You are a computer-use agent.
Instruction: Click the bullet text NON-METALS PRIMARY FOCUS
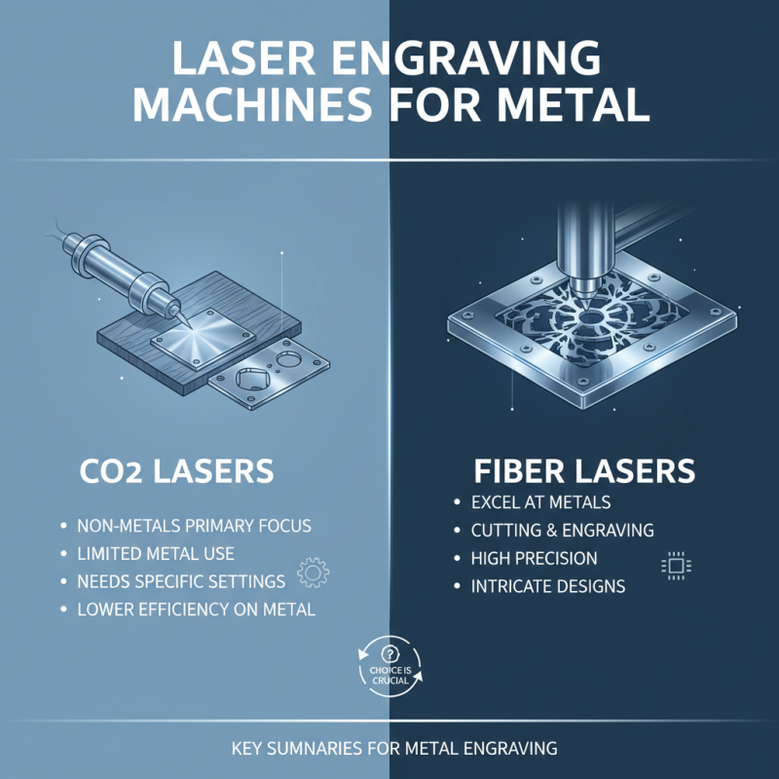click(194, 526)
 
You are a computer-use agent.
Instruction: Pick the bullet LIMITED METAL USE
click(156, 554)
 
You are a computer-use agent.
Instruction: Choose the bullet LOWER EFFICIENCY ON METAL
click(194, 610)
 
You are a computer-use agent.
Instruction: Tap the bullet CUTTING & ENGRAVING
click(563, 531)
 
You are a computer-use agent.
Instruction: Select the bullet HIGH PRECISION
click(537, 559)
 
